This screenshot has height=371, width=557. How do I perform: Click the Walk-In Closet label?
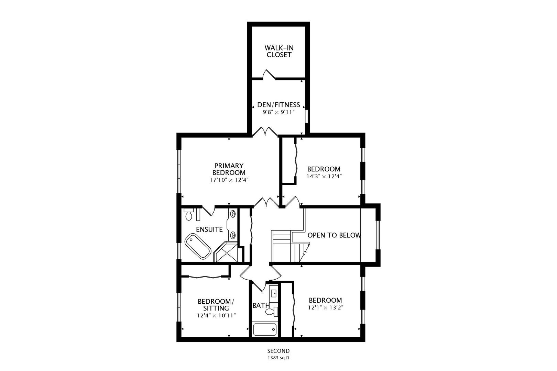[x=279, y=51]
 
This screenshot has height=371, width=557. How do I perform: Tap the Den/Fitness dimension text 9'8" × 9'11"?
[x=278, y=112]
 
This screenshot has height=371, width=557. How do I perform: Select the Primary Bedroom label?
[x=229, y=169]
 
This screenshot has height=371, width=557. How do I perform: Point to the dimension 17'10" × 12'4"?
[x=229, y=180]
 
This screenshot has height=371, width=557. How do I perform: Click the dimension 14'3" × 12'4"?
[x=324, y=177]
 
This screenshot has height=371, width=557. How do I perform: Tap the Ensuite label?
[x=209, y=229]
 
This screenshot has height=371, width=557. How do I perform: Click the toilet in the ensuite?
[x=189, y=214]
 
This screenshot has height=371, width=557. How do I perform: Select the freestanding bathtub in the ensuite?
[x=198, y=246]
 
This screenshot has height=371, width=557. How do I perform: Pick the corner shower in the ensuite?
[x=226, y=252]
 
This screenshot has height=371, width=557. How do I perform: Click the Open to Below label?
[x=334, y=235]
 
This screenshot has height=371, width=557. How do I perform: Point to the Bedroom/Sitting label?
[x=216, y=305]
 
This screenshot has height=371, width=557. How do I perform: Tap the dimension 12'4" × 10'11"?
[x=216, y=316]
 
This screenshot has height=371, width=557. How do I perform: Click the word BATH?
[x=261, y=305]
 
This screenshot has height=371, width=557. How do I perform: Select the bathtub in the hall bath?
[x=265, y=329]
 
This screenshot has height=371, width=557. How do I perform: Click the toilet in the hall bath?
[x=272, y=311]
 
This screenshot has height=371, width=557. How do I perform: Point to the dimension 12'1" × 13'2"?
[x=326, y=308]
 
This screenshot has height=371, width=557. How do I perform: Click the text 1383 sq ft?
[x=278, y=358]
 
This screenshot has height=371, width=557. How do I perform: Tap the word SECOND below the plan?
[x=278, y=351]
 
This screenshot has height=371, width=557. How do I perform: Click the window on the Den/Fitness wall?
[x=307, y=116]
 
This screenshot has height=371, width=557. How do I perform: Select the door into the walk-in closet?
[x=269, y=75]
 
